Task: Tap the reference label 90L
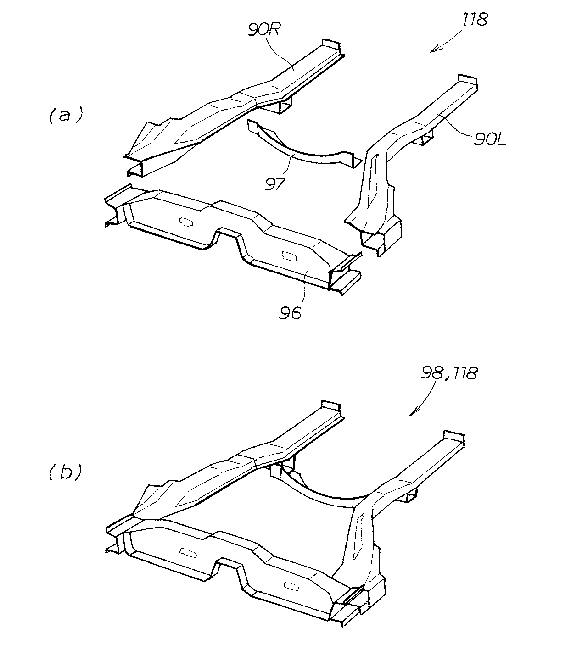pyautogui.click(x=490, y=139)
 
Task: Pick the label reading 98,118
pyautogui.click(x=448, y=373)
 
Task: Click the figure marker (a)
pyautogui.click(x=65, y=116)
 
